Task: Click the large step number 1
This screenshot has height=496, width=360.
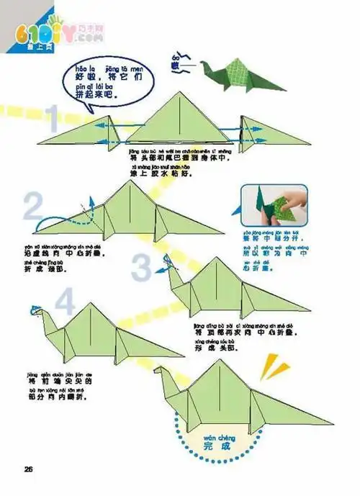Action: (51, 119)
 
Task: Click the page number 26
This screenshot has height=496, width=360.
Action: (29, 470)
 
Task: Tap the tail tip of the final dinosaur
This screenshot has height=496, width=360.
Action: (328, 422)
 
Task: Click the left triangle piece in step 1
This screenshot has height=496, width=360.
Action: (80, 132)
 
